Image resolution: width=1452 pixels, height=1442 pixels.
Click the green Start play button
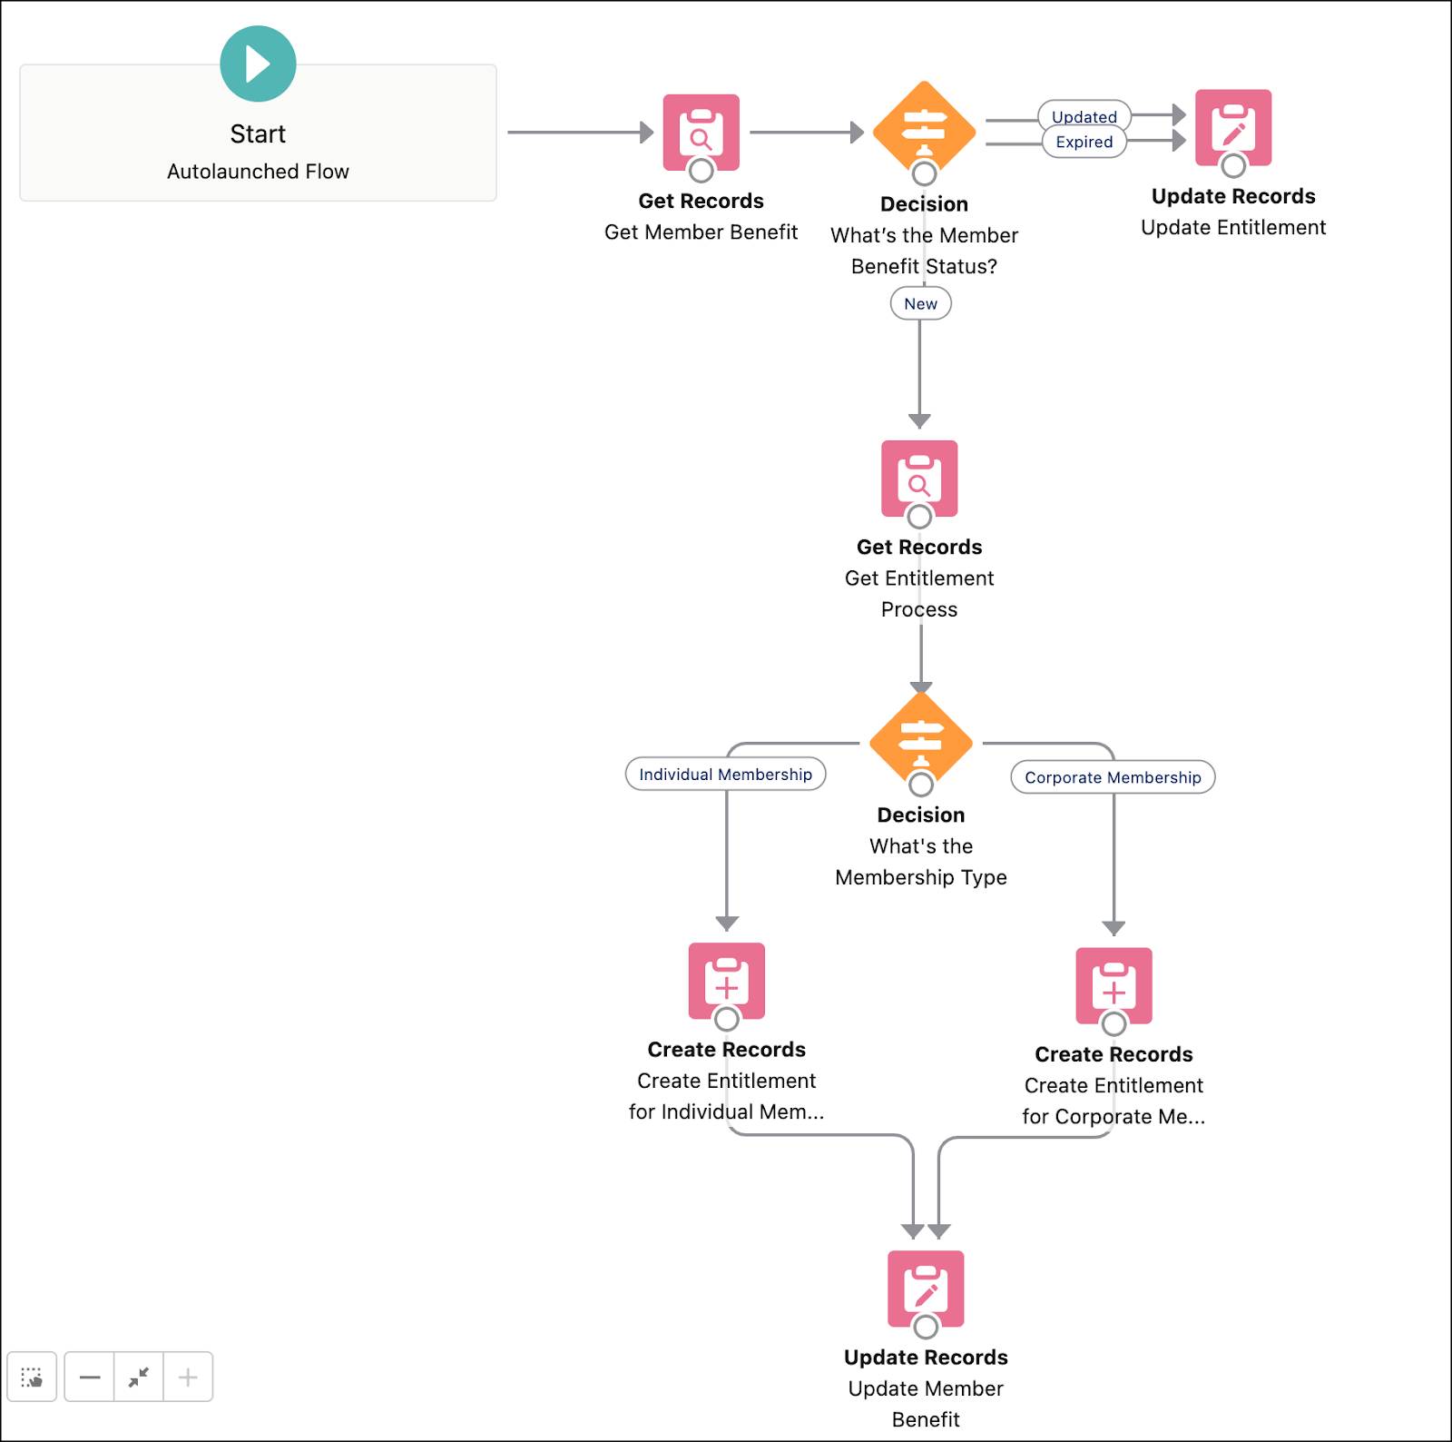258,64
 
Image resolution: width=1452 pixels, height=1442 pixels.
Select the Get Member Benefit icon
701,132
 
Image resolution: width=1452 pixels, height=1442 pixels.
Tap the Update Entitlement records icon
1232,128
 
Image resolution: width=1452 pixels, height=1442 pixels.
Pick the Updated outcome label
1084,116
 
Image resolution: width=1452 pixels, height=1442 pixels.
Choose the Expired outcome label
1084,142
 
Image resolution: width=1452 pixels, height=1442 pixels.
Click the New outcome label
920,304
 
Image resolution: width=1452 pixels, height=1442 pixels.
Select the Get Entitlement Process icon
919,479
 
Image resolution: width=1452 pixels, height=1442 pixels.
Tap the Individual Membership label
725,775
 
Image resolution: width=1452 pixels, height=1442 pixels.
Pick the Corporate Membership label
1113,777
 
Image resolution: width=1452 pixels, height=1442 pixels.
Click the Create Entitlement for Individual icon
726,981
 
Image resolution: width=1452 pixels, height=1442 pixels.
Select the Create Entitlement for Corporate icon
1114,986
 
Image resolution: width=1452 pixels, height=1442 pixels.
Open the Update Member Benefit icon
926,1289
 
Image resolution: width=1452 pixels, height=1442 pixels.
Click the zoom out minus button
90,1377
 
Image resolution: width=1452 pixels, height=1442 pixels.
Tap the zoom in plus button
188,1377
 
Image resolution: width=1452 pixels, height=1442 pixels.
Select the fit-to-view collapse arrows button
139,1377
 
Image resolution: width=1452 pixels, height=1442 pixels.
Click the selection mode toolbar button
32,1377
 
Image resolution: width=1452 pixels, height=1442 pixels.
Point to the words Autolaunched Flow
258,172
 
